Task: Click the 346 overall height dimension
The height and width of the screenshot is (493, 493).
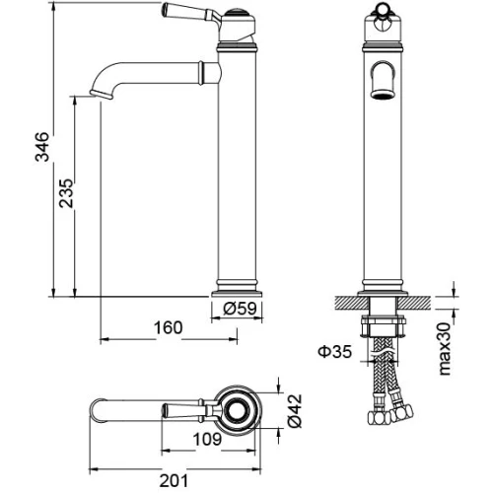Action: (42, 147)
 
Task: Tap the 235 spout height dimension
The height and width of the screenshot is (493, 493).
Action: (66, 193)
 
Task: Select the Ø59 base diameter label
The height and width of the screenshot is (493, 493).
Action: (240, 309)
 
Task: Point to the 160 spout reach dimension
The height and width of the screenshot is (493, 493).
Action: (168, 327)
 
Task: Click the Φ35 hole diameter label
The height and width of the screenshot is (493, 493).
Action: (335, 351)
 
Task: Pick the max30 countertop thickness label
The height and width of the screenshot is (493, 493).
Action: (445, 349)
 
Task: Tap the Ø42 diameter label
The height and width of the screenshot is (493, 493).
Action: (295, 411)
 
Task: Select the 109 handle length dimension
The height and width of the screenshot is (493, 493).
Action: (207, 439)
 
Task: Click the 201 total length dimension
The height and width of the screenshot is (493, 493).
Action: (174, 481)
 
